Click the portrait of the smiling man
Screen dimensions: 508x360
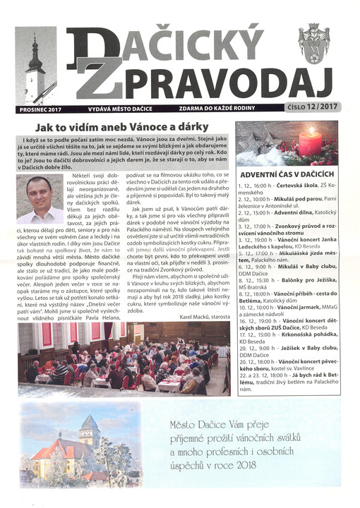click(40, 200)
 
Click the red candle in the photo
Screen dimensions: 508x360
click(311, 143)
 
